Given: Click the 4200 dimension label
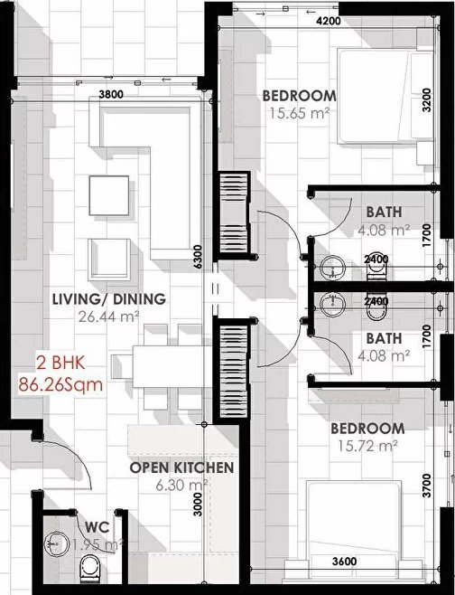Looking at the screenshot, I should pyautogui.click(x=327, y=20).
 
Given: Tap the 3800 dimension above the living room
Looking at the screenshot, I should pyautogui.click(x=111, y=93).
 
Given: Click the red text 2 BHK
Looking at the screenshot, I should pyautogui.click(x=58, y=363).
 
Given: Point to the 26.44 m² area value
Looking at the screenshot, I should pyautogui.click(x=108, y=316).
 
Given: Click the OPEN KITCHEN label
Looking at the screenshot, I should pyautogui.click(x=181, y=467).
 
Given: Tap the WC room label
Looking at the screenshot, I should pyautogui.click(x=97, y=526).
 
